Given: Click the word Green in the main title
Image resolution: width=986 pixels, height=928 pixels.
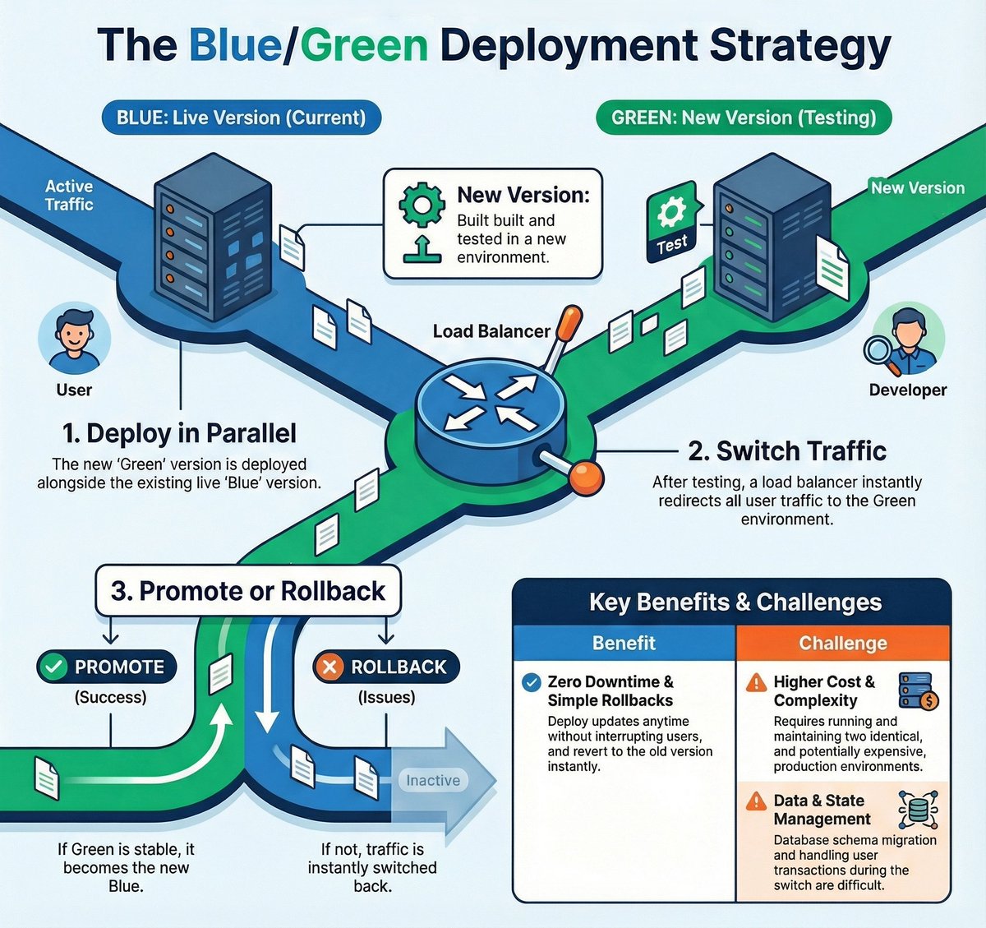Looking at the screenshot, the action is click(364, 46).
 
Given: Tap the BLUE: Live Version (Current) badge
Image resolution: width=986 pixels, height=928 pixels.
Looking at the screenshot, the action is click(242, 118).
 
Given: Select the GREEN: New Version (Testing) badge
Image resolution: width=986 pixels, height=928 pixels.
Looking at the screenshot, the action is click(744, 118).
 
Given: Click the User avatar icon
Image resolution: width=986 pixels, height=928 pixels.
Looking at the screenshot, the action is click(75, 339).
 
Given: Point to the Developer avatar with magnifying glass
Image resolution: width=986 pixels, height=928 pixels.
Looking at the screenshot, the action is click(905, 341).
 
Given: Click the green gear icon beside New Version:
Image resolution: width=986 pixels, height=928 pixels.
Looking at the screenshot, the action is click(422, 205).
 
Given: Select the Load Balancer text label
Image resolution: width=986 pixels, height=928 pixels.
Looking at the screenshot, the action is click(491, 331).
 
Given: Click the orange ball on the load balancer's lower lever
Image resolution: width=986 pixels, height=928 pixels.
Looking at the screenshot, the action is click(587, 478).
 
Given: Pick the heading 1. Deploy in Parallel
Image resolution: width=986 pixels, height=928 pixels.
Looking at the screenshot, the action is click(179, 433).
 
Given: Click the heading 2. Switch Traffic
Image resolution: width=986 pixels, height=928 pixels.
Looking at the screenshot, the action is click(787, 451).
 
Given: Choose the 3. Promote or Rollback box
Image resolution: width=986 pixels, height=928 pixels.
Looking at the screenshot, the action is click(248, 591).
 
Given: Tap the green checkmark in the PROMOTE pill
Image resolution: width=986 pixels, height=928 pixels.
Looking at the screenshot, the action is click(53, 667).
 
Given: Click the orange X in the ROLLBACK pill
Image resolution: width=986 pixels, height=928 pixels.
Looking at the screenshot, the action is click(329, 667).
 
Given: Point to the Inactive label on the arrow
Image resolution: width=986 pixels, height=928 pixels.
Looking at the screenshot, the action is click(433, 780).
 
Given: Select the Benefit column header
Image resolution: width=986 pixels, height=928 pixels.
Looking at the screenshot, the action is click(624, 643).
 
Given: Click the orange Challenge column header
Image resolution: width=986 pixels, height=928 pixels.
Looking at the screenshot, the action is click(843, 643).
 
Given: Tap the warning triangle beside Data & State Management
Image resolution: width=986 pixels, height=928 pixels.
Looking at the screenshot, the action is click(756, 801).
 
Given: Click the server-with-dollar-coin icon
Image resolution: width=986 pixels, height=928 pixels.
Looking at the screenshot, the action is click(919, 691).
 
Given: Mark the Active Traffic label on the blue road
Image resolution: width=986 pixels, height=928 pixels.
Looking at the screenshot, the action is click(69, 196).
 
